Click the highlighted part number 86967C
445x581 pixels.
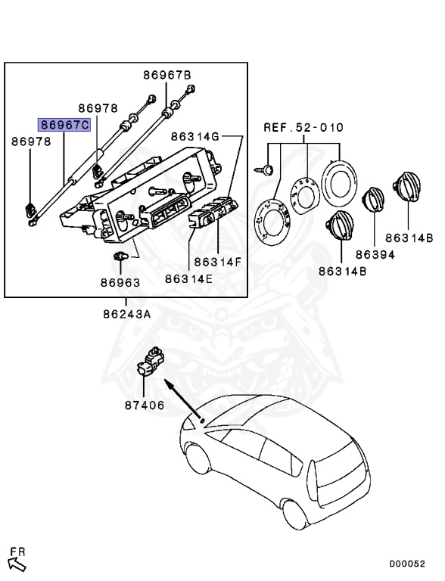[64, 125]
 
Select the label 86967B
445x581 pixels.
[167, 75]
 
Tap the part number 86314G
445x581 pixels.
[195, 137]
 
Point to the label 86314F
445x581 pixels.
[218, 262]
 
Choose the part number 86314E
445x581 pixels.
[188, 278]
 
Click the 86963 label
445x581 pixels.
[120, 283]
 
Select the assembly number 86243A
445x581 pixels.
[127, 314]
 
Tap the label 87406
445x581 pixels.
[145, 405]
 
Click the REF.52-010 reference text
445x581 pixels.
[303, 127]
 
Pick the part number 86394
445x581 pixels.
[375, 254]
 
